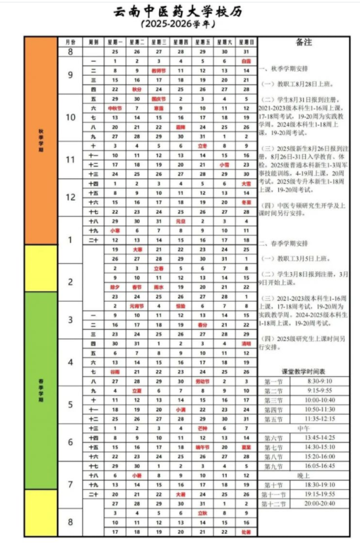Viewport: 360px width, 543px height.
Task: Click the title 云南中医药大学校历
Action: pos(179,13)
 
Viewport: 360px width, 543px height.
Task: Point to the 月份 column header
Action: pos(70,42)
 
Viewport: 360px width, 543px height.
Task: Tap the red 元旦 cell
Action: pos(180,221)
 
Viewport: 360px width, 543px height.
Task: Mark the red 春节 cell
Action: pos(137,287)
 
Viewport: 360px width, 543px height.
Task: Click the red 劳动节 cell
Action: pos(202,382)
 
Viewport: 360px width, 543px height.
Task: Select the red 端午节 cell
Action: pos(202,447)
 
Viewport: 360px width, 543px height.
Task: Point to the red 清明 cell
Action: pos(246,343)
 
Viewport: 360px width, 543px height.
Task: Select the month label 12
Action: pos(70,197)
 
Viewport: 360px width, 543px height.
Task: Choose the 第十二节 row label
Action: pos(274,504)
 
